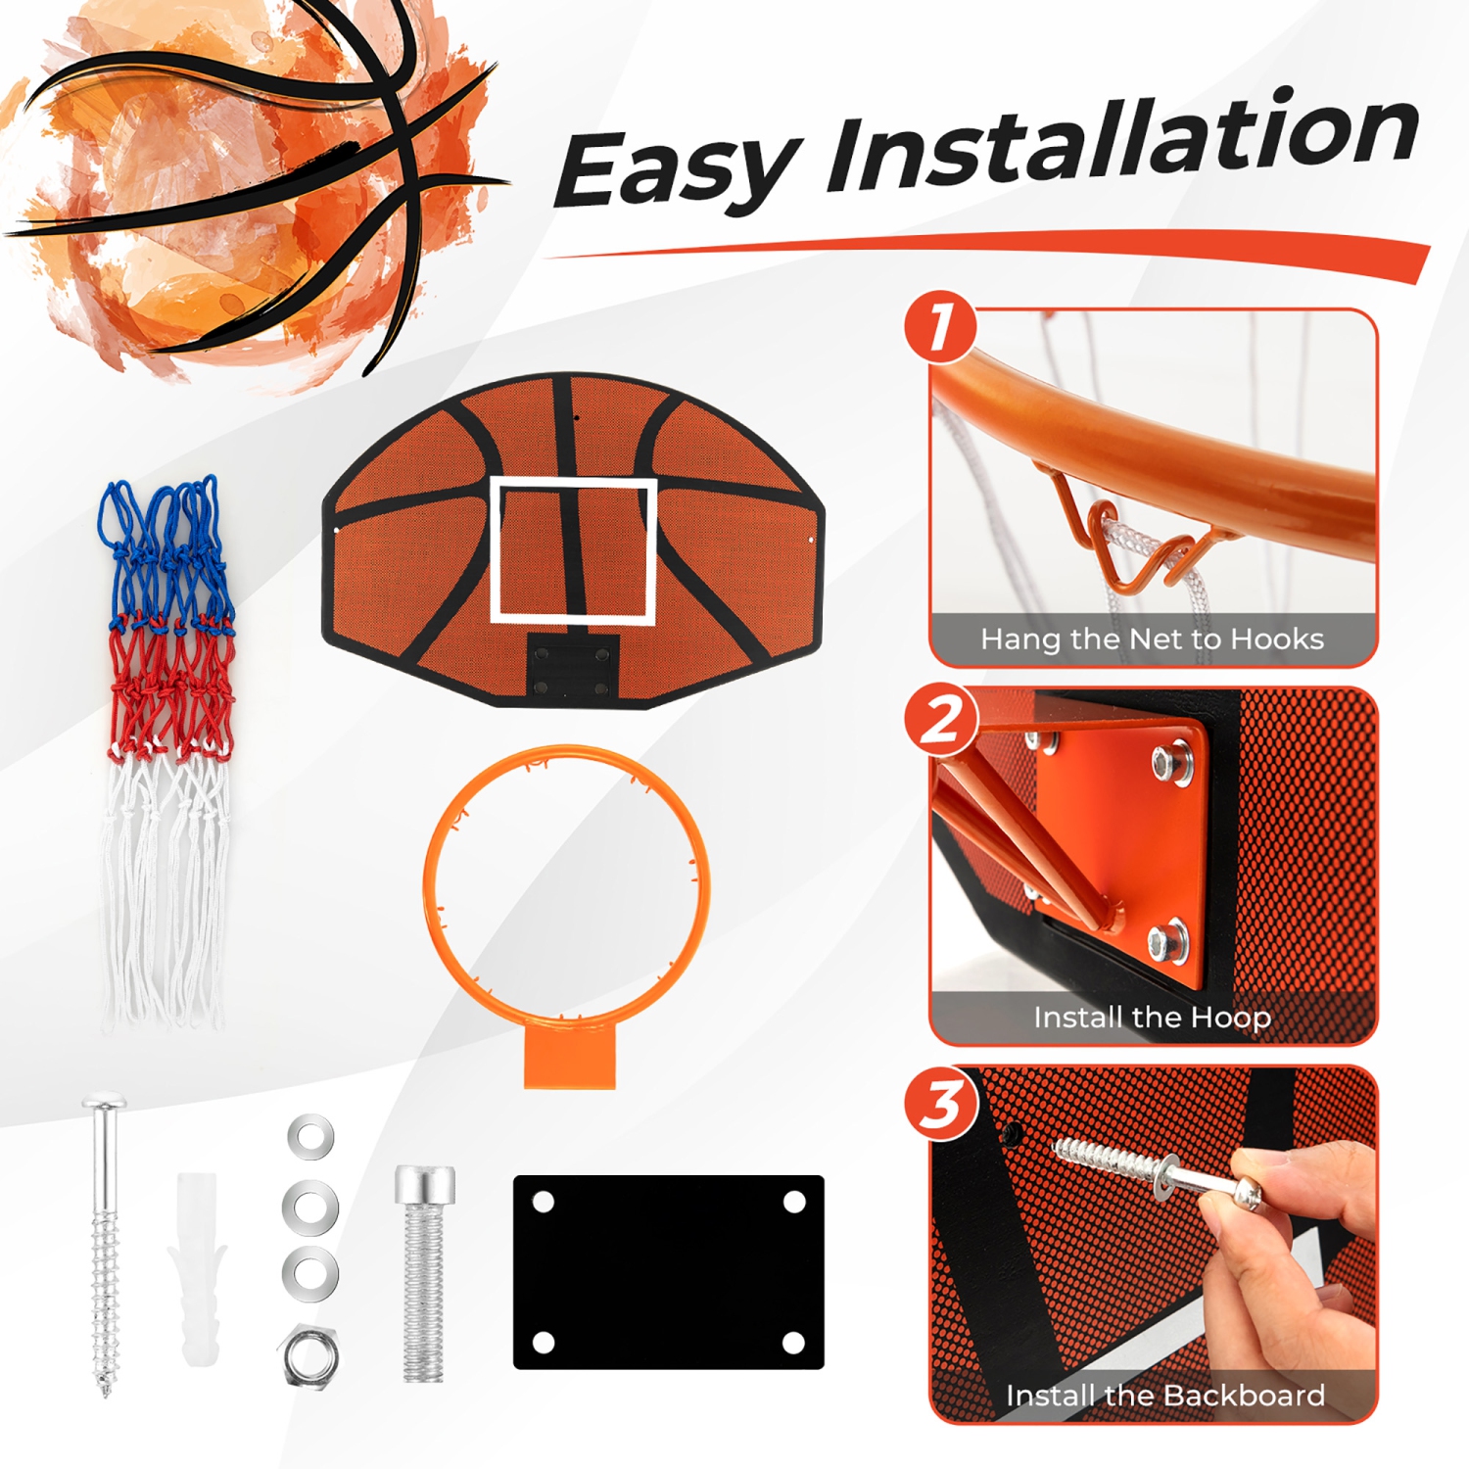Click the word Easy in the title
(676, 168)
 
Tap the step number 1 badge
(940, 326)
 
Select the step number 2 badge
(940, 720)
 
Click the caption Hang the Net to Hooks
(1152, 640)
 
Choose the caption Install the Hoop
(1152, 1018)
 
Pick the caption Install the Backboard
(1164, 1396)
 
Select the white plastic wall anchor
(199, 1268)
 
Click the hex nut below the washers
(309, 1355)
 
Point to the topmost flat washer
(310, 1137)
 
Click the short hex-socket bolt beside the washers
(424, 1273)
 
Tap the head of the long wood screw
(104, 1106)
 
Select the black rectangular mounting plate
(668, 1271)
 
